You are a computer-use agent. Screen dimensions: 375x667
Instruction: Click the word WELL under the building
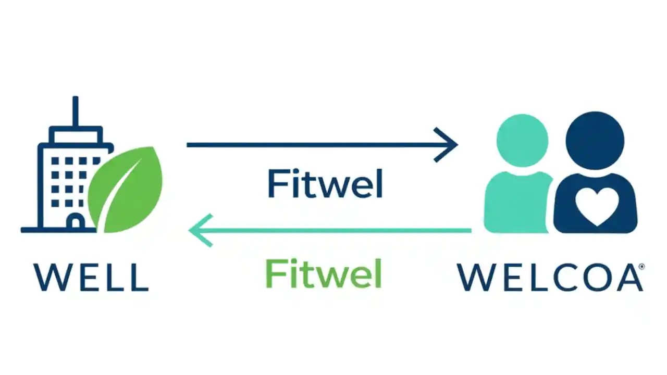click(x=91, y=277)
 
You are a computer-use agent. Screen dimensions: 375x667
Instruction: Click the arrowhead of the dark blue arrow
click(x=449, y=145)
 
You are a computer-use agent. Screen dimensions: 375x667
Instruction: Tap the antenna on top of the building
click(x=76, y=111)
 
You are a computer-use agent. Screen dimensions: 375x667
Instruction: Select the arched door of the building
click(x=76, y=222)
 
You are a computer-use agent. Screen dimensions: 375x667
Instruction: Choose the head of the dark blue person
click(x=595, y=140)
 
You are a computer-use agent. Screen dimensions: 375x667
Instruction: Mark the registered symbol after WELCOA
click(x=641, y=266)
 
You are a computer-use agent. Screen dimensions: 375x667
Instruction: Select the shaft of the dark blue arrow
click(x=313, y=145)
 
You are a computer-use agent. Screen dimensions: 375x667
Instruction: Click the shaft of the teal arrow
click(x=339, y=230)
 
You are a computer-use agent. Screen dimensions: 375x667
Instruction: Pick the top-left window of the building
click(x=55, y=161)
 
